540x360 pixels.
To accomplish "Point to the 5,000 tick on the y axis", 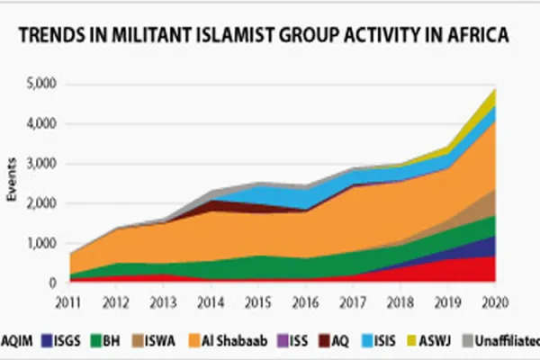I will point(40,84).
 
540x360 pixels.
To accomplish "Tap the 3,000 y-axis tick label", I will point(40,164).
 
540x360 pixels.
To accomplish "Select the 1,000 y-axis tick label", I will point(40,243).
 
